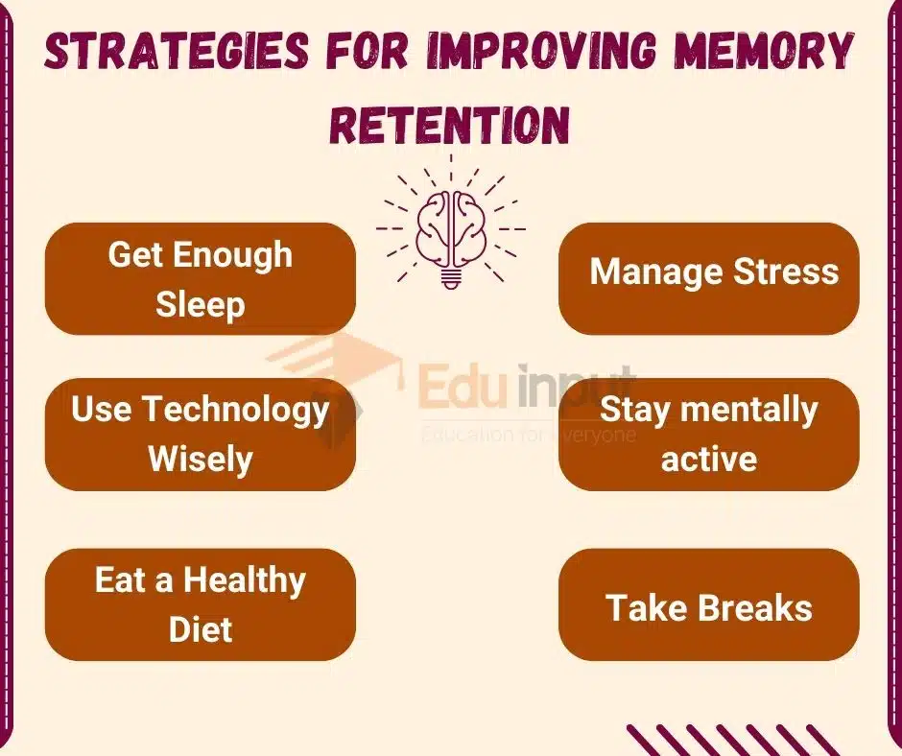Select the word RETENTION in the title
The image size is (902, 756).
pos(450,125)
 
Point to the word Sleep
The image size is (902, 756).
pos(201,304)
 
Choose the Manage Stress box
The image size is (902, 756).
pos(708,278)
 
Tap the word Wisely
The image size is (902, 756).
pos(201,459)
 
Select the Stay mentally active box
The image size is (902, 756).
pos(708,435)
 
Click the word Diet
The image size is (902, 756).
pos(201,629)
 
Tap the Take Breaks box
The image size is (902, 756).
pos(708,604)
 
